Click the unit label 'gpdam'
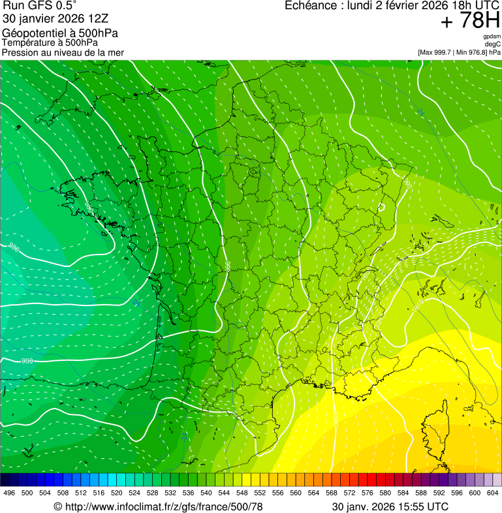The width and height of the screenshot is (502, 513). pos(492,37)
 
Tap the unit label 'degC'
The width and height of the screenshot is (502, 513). pos(493,44)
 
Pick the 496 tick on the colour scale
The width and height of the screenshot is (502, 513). pos(9,493)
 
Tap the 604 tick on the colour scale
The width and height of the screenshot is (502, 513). pos(493,493)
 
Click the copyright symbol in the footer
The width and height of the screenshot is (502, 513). pos(57,506)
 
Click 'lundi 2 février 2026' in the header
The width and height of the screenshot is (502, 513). pos(388,5)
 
